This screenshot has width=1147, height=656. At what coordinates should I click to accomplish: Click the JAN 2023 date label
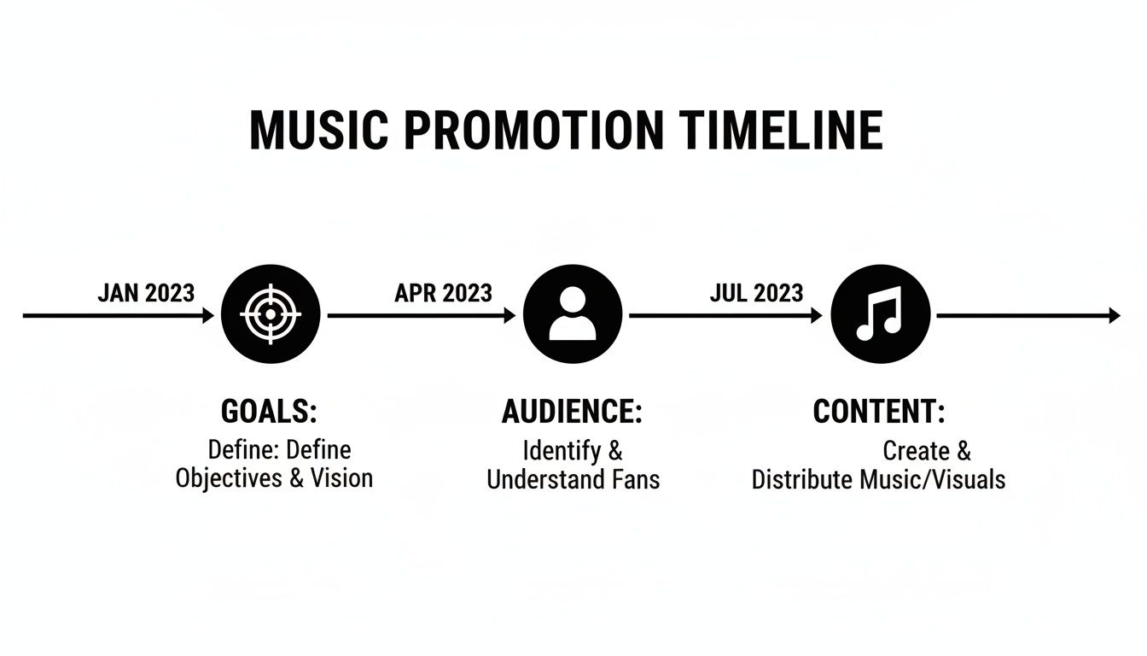146,293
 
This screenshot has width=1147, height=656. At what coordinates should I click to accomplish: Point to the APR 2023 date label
443,293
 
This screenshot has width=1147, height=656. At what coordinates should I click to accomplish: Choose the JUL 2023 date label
756,293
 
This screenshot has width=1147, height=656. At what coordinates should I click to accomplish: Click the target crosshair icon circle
271,315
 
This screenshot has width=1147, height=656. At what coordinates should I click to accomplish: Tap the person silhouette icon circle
573,315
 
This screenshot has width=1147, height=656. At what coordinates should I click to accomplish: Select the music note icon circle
880,315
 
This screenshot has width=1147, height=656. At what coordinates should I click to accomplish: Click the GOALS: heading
269,412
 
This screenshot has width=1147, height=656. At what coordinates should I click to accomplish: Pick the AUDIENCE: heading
572,412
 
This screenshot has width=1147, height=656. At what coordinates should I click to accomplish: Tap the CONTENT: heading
879,412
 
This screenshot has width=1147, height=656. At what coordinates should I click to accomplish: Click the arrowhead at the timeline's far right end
1114,316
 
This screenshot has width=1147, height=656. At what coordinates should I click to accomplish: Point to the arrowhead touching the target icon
208,316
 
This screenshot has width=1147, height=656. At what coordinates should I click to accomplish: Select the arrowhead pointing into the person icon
510,316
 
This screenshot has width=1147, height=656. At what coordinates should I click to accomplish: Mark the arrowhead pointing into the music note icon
817,316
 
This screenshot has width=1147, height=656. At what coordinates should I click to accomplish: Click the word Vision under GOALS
341,477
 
